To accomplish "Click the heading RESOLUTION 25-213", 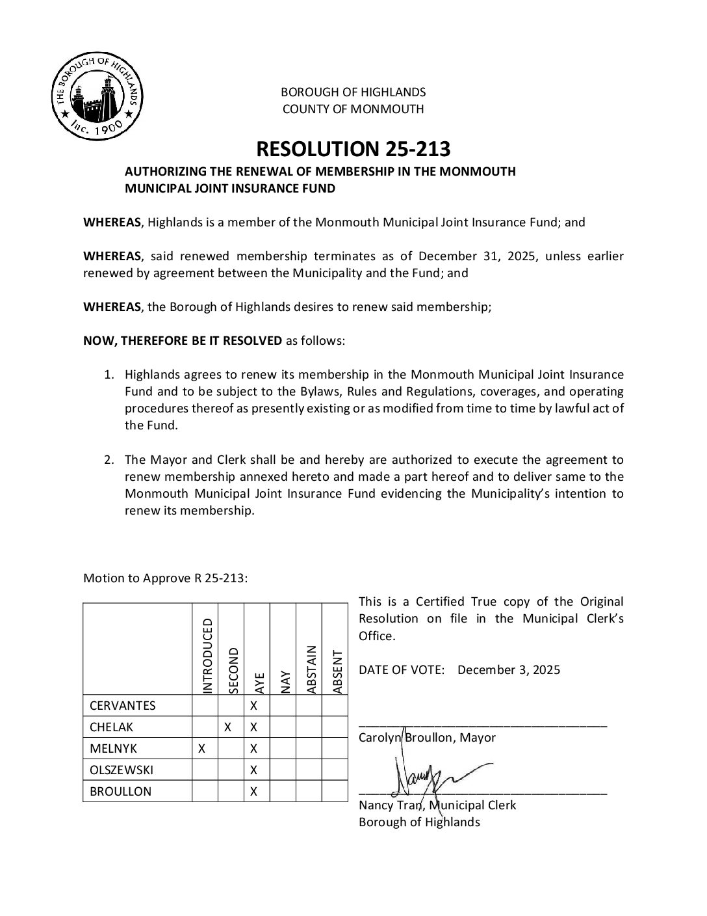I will tap(353, 149).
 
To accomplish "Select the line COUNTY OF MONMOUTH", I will tap(353, 109).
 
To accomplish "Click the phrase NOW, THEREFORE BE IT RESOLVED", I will tap(183, 340).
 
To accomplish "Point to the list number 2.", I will tap(109, 459).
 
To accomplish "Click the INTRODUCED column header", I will tap(206, 655).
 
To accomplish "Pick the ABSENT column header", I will tap(335, 672).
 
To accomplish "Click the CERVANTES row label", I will tap(123, 706).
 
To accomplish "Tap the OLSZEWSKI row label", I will tap(122, 770).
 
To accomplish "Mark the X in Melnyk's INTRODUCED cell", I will tap(201, 749).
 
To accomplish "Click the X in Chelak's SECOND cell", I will tap(228, 727).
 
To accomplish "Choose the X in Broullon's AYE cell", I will tap(254, 792).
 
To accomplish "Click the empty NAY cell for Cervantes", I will tap(283, 706).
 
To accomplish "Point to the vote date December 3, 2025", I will tap(508, 670).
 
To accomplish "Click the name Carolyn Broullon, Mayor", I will tap(427, 738).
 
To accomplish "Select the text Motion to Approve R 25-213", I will tap(165, 578).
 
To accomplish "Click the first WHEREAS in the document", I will tap(112, 222).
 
